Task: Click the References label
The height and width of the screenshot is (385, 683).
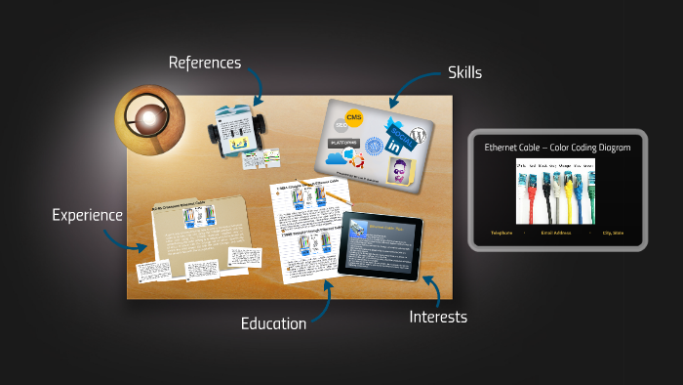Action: (x=204, y=63)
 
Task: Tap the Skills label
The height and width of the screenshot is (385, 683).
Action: (x=464, y=72)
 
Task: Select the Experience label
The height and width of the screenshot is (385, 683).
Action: (x=87, y=215)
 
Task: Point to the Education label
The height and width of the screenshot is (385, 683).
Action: (x=273, y=323)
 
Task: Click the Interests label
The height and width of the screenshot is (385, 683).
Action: (x=438, y=317)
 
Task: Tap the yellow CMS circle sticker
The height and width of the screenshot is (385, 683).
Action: (x=354, y=118)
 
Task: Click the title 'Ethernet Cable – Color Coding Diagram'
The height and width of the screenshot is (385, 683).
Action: (x=557, y=147)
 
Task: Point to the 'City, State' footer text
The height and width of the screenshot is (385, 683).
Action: (x=614, y=234)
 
